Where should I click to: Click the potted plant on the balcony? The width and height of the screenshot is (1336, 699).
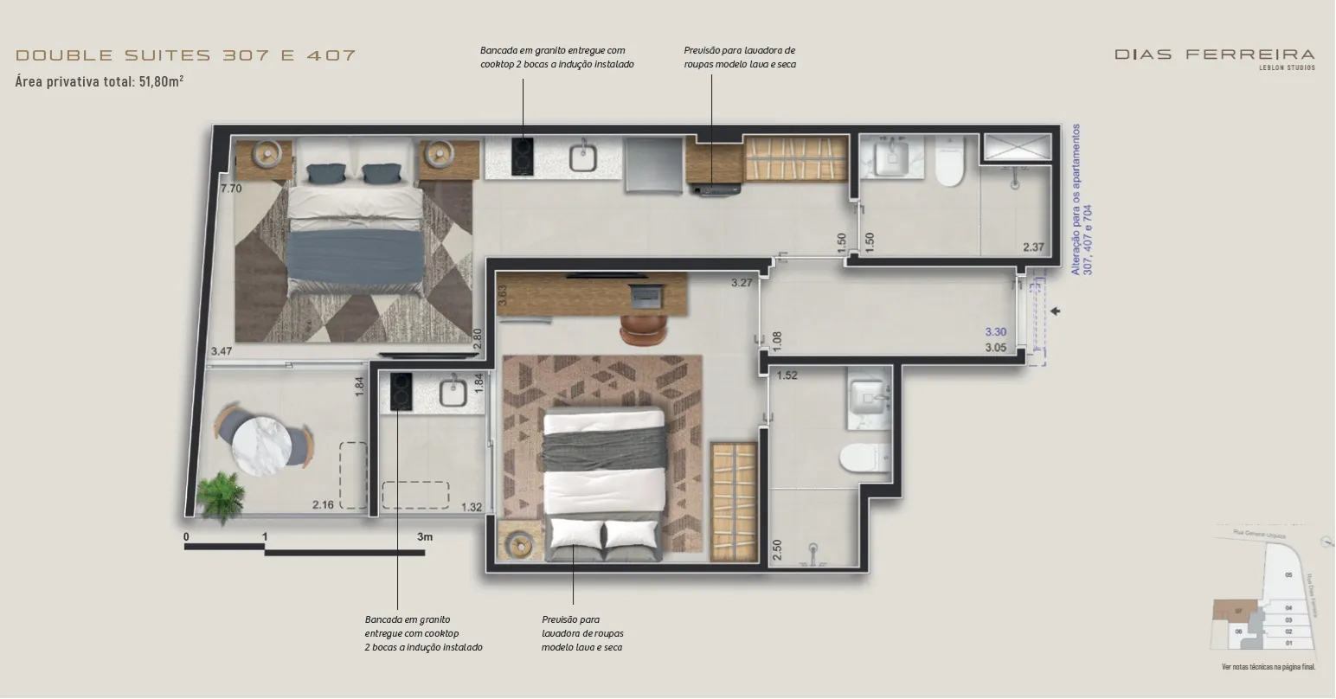(217, 496)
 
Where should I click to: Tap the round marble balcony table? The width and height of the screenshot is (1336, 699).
(261, 445)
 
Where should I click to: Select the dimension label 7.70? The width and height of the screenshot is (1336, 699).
(230, 188)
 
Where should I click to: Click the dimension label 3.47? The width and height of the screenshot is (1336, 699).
(221, 351)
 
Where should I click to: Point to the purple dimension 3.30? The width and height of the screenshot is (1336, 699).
(995, 332)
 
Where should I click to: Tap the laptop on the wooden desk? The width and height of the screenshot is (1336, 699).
(646, 296)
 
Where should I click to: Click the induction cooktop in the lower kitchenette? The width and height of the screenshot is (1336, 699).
(401, 391)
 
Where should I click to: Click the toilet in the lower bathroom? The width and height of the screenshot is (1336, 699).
(865, 458)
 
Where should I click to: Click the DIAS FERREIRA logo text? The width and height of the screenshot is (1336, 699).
(1214, 55)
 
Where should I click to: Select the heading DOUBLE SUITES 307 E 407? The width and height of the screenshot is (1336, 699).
(186, 55)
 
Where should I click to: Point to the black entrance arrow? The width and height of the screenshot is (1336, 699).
(1055, 311)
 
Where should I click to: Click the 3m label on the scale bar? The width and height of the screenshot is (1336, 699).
(424, 536)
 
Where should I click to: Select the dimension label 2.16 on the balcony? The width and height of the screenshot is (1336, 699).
(323, 505)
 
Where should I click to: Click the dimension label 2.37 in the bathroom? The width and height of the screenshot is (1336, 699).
(1033, 247)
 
